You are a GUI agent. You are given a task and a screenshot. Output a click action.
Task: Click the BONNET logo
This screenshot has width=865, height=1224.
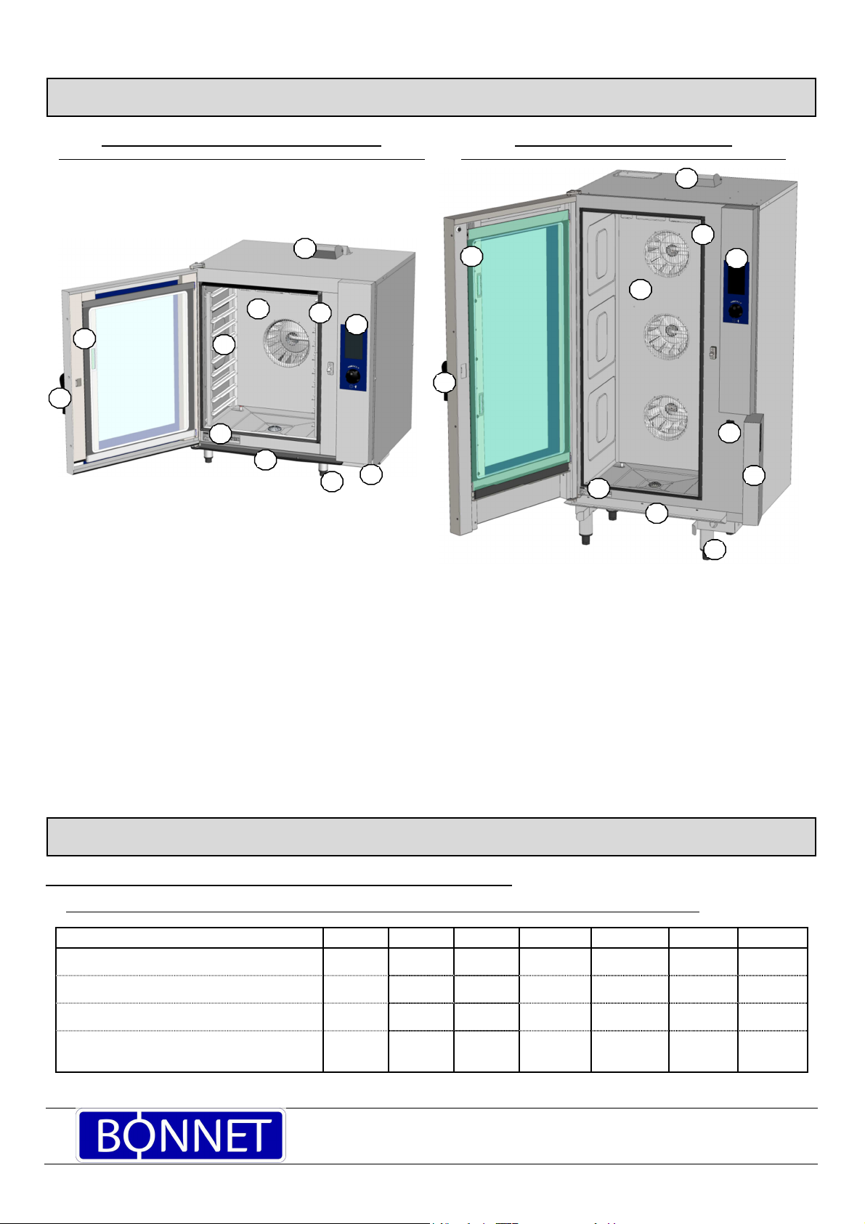click(x=180, y=1135)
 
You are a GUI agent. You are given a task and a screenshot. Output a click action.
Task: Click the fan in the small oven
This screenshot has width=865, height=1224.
click(x=285, y=343)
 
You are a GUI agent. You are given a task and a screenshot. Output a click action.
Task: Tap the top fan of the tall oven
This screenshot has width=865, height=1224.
click(x=667, y=254)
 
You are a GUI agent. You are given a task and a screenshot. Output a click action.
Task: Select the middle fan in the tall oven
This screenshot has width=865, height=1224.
click(x=667, y=336)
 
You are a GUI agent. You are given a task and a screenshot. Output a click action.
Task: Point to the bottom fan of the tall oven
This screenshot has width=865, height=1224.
click(x=666, y=418)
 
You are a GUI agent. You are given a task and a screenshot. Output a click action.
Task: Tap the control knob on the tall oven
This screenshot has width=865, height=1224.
click(x=736, y=312)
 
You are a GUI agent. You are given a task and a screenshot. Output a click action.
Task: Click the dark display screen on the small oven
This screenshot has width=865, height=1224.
click(x=354, y=345)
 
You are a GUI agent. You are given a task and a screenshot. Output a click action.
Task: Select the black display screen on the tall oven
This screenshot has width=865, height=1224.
click(x=736, y=280)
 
